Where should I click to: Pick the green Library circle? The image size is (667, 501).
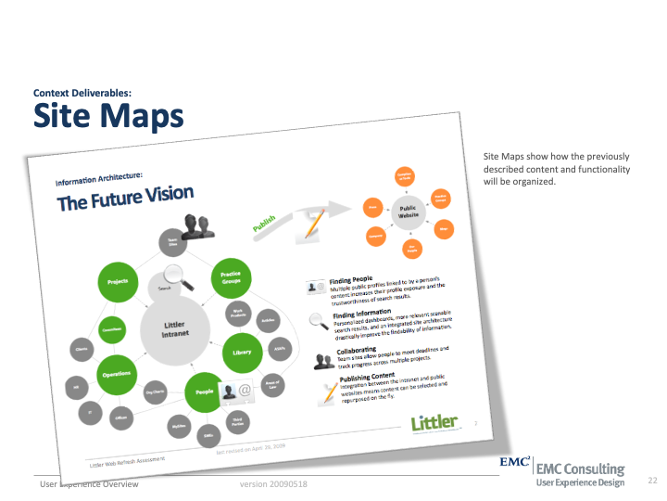(242, 353)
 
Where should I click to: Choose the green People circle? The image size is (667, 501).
(205, 392)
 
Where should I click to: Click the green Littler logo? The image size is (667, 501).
(434, 423)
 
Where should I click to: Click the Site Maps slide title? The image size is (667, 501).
(108, 116)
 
